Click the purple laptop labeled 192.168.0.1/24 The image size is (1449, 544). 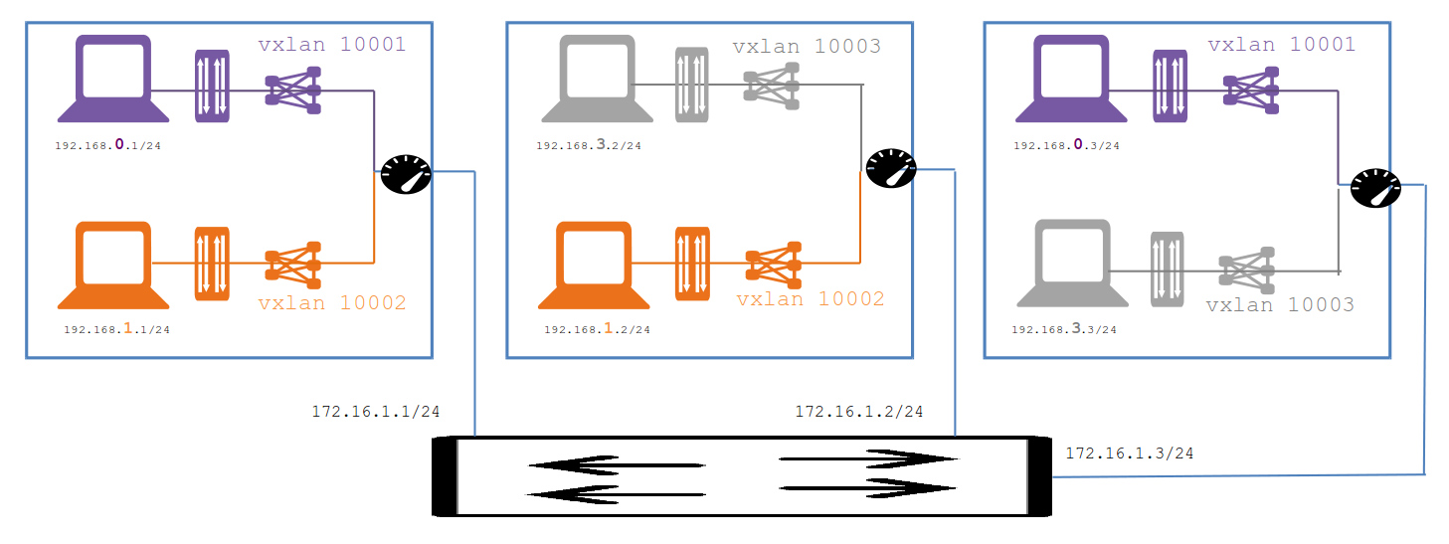click(112, 79)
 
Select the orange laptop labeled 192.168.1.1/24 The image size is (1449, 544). click(112, 265)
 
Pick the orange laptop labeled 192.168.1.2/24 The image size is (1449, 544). click(594, 265)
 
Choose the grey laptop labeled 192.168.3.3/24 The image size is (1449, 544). click(1073, 263)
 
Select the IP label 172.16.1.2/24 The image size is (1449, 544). click(858, 412)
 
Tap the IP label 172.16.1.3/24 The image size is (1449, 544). click(1130, 453)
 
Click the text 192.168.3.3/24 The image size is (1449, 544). click(1064, 330)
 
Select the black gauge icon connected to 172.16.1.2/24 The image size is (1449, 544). click(890, 168)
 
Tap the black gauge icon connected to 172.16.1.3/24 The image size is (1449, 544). click(1375, 187)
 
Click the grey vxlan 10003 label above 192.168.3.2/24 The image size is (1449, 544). click(807, 47)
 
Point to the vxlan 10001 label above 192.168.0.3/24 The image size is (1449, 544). click(1281, 45)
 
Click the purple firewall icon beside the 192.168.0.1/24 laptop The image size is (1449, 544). click(212, 86)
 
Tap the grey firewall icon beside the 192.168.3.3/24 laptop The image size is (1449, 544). click(1168, 269)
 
